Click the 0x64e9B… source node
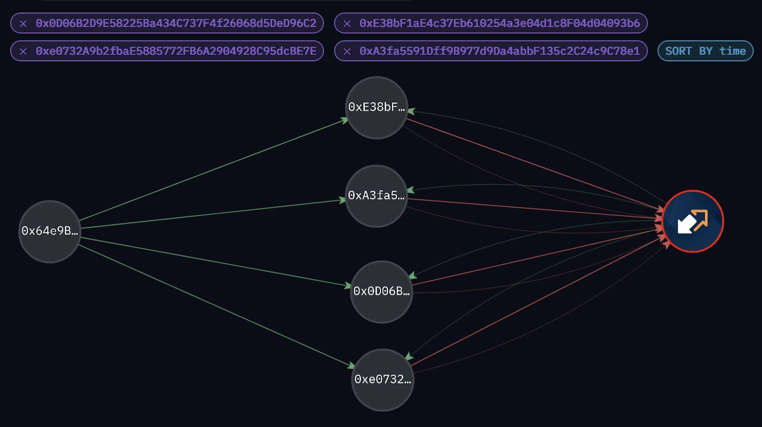coord(50,231)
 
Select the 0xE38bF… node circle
coord(377,108)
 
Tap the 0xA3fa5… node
coord(376,196)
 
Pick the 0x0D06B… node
coord(381,292)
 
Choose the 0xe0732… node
coord(382,380)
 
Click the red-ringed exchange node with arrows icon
coord(692,221)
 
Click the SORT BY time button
coord(705,51)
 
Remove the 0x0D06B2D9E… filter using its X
coord(23,23)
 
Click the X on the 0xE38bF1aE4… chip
coord(347,23)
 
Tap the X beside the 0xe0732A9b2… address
coord(23,51)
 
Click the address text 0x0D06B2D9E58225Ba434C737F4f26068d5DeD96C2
coord(176,23)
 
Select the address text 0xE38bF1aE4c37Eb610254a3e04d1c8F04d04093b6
coord(500,23)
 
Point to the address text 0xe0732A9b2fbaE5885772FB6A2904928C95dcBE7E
coord(176,51)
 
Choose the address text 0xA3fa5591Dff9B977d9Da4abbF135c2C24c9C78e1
coord(500,51)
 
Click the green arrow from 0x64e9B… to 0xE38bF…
coord(214,170)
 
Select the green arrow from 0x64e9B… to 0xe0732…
coord(217,306)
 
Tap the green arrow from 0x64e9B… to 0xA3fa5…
coord(213,213)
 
